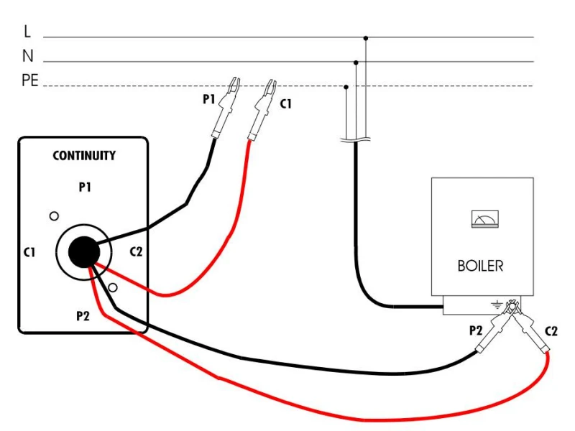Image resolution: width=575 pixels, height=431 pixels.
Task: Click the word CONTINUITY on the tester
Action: (x=84, y=156)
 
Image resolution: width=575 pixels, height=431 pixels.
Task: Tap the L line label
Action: (x=27, y=32)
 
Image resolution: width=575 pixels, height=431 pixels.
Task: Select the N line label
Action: (x=28, y=56)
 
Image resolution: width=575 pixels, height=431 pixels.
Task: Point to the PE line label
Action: (x=30, y=80)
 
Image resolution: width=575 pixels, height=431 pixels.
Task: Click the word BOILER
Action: (x=480, y=266)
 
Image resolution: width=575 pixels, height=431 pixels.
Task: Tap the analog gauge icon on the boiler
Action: (x=484, y=219)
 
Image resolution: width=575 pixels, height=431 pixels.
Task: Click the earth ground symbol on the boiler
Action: (x=497, y=304)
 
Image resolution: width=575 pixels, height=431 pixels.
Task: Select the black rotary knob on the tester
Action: (x=84, y=252)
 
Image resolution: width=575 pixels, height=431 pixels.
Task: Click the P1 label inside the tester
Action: (x=85, y=187)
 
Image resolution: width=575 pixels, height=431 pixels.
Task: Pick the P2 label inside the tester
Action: (x=83, y=315)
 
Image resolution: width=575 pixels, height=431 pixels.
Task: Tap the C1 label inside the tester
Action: (x=29, y=252)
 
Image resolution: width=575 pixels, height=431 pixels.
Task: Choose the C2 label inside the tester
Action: (x=136, y=252)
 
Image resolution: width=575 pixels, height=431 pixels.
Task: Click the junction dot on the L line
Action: (x=366, y=38)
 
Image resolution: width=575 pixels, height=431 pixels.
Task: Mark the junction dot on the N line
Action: (x=356, y=62)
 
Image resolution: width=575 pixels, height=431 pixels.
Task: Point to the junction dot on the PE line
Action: (x=346, y=87)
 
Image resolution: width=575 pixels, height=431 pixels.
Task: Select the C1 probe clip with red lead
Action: (x=262, y=110)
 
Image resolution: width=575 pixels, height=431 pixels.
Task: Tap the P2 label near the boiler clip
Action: (x=476, y=330)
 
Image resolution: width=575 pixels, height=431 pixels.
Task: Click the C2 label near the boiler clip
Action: (x=551, y=331)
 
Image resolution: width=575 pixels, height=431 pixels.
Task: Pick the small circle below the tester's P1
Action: (x=54, y=216)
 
